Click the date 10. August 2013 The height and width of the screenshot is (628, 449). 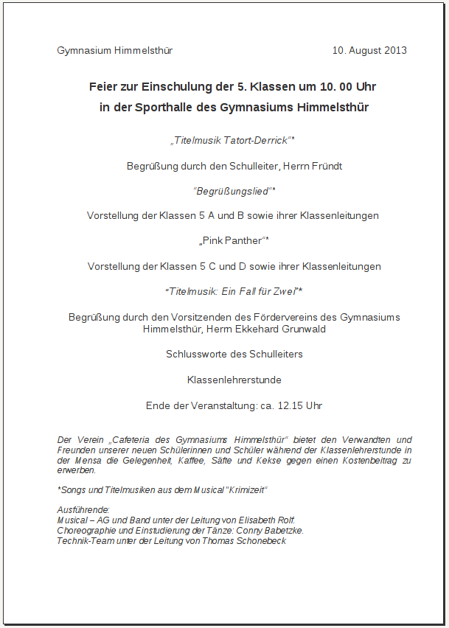[x=369, y=51]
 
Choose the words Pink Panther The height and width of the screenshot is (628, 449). [x=232, y=241]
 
